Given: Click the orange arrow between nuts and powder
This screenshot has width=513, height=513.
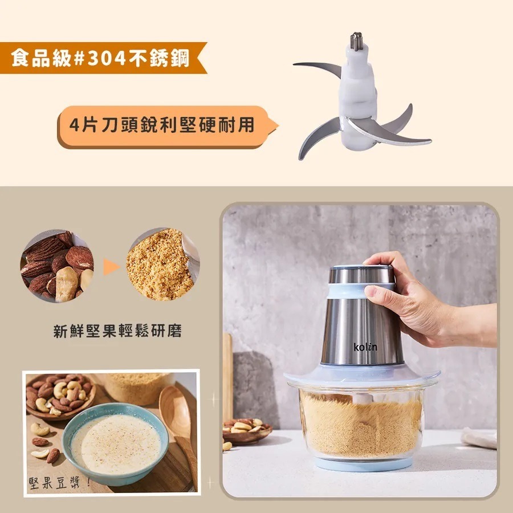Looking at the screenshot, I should pos(111,266).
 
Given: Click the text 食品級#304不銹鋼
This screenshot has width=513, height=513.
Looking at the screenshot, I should pos(100,58).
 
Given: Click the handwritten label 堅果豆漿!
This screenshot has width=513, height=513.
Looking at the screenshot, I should pos(58,483).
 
